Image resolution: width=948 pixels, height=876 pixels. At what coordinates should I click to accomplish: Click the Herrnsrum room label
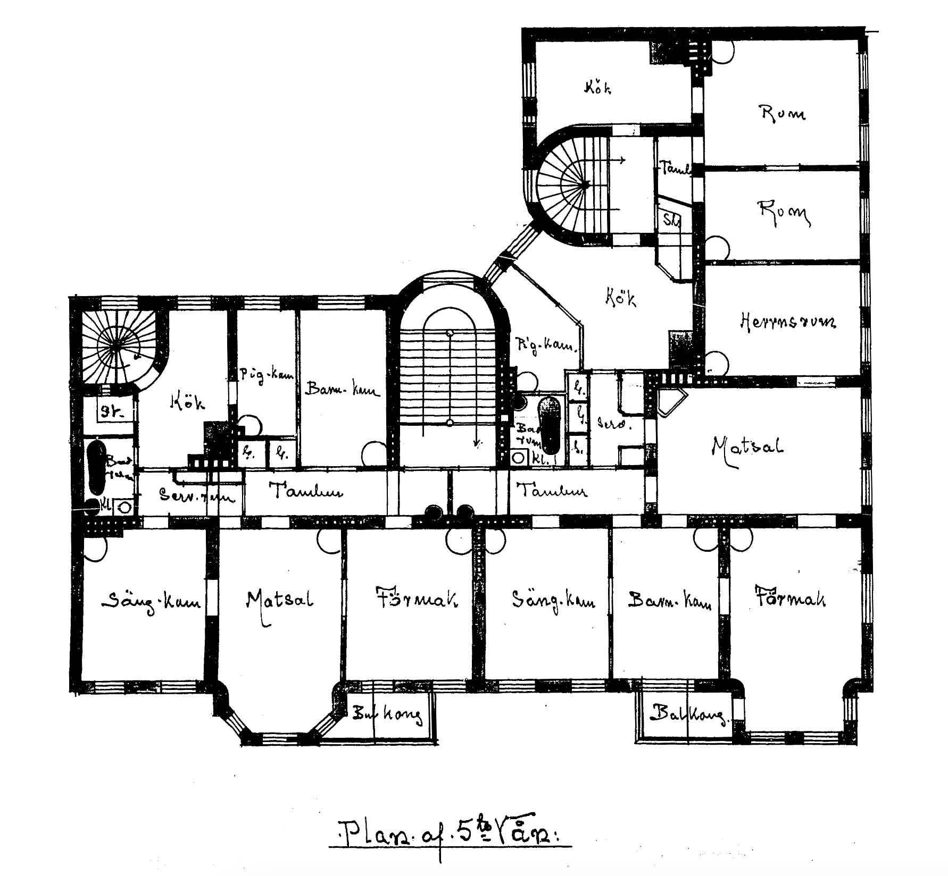tap(788, 322)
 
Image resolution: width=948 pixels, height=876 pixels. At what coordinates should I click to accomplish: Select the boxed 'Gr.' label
tap(110, 410)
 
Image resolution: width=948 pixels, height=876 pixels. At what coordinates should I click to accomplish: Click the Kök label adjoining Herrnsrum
tap(620, 298)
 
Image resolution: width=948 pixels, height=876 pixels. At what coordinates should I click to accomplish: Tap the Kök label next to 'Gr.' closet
tap(187, 402)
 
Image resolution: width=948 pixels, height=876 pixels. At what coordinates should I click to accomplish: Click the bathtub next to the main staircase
tap(550, 425)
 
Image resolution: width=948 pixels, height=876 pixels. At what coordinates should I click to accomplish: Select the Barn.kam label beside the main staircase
tap(342, 391)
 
